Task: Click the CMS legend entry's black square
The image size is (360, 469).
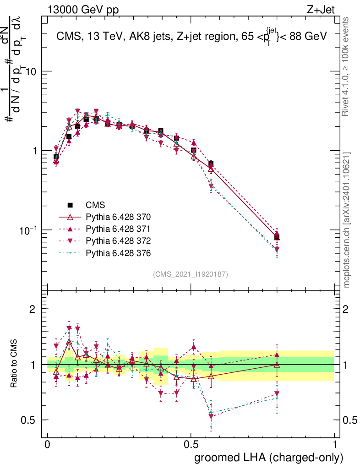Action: click(x=70, y=205)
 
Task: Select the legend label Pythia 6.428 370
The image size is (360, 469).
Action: click(x=118, y=217)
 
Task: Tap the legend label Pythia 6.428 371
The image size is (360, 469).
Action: click(x=118, y=229)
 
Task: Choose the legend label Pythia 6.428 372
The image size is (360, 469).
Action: click(x=118, y=240)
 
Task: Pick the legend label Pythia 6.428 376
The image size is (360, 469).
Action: click(x=118, y=253)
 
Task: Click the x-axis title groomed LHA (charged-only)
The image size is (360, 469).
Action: click(x=269, y=458)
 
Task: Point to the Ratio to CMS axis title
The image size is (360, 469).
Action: click(x=15, y=364)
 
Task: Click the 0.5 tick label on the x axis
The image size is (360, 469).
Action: click(x=191, y=445)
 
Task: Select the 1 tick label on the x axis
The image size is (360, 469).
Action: click(x=335, y=445)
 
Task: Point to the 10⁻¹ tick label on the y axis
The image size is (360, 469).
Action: click(x=28, y=229)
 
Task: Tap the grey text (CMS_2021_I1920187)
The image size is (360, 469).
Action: click(x=191, y=274)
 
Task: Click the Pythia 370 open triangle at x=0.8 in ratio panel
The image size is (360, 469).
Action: click(x=277, y=365)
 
